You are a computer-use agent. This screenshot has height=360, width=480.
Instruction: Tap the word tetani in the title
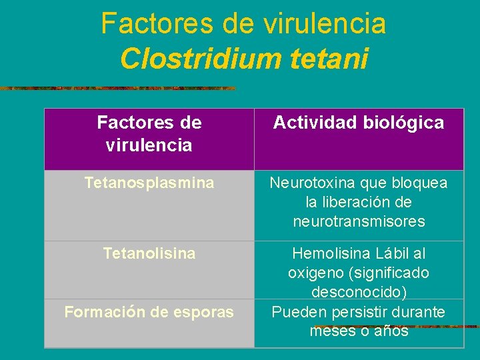330,59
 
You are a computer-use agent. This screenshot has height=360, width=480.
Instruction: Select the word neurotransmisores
359,221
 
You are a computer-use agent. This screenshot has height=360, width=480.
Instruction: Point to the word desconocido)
359,292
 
